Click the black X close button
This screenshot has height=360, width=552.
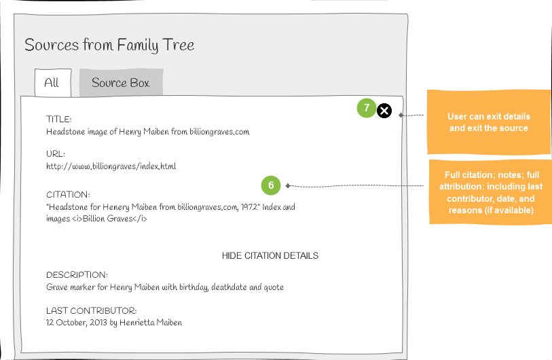384,111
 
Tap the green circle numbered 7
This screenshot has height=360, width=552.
367,108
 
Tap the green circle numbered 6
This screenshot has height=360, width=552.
271,185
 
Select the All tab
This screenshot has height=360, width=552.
53,83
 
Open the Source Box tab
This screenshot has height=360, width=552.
121,82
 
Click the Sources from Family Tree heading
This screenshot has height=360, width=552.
109,45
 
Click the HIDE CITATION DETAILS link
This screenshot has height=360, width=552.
270,255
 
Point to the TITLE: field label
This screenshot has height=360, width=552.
59,119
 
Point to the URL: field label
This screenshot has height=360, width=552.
56,154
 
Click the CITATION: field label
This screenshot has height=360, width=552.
68,194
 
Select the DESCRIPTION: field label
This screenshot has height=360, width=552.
77,275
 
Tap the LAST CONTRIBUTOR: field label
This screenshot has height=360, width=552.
91,310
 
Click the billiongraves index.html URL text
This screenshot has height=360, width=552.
111,166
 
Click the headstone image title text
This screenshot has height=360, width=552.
148,132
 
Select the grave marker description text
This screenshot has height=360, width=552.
165,287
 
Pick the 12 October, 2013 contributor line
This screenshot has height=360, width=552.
114,323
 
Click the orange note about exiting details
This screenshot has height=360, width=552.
489,122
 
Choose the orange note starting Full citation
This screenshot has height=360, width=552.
490,192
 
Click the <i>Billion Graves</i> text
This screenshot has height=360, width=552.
109,219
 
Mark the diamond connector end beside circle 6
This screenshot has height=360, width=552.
288,185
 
